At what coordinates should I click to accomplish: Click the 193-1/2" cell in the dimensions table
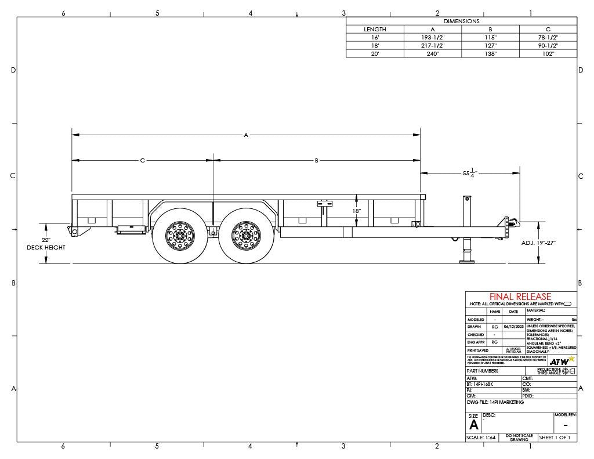pyautogui.click(x=432, y=37)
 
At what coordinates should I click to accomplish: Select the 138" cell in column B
pyautogui.click(x=490, y=53)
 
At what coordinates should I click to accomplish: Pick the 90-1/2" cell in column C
pyautogui.click(x=548, y=45)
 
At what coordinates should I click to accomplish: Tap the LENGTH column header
pyautogui.click(x=375, y=29)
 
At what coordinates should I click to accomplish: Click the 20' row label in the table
pyautogui.click(x=375, y=53)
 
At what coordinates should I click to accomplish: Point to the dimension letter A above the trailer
pyautogui.click(x=246, y=135)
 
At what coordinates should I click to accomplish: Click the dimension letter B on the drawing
pyautogui.click(x=317, y=160)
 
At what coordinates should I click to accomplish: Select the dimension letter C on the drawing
pyautogui.click(x=142, y=160)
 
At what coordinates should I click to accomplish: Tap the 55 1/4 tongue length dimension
pyautogui.click(x=469, y=173)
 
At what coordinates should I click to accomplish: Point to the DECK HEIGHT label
pyautogui.click(x=46, y=248)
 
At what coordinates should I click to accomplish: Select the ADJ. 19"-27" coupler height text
pyautogui.click(x=538, y=243)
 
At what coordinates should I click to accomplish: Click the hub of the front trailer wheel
pyautogui.click(x=245, y=236)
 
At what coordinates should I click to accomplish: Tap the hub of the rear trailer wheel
pyautogui.click(x=178, y=236)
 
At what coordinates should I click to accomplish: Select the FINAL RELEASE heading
pyautogui.click(x=520, y=297)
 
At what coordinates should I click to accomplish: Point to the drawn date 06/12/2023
pyautogui.click(x=513, y=327)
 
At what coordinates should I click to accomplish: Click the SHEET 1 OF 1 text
pyautogui.click(x=555, y=437)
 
